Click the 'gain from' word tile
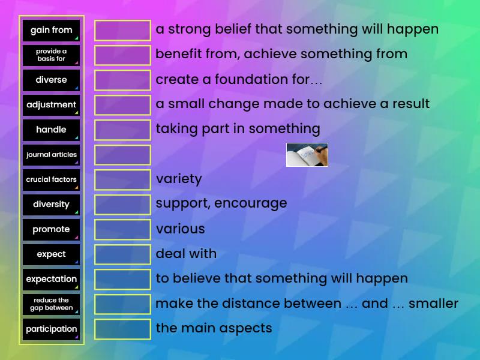[51, 30]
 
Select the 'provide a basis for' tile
[51, 55]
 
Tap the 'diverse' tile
[51, 80]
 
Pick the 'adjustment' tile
[51, 105]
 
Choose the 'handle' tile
[51, 130]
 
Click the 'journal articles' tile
[51, 155]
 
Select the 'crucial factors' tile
[51, 179]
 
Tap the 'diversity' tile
[51, 205]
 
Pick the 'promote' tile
[51, 229]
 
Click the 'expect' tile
[51, 254]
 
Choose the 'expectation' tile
[51, 279]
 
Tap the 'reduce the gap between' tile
[51, 304]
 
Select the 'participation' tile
[51, 329]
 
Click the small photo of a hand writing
[307, 155]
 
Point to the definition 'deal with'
[186, 254]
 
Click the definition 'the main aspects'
[214, 328]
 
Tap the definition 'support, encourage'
[221, 203]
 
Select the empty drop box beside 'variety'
[122, 179]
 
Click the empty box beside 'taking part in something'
[122, 130]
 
